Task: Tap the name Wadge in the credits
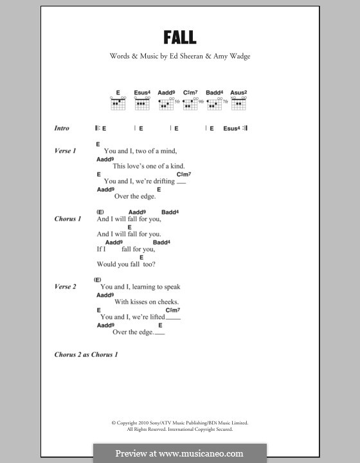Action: pyautogui.click(x=237, y=56)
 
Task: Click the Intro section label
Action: pyautogui.click(x=62, y=129)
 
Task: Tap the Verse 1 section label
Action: pyautogui.click(x=65, y=151)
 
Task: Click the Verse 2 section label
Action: pyautogui.click(x=65, y=287)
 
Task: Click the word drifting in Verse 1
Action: pyautogui.click(x=163, y=181)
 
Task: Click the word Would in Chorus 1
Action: pyautogui.click(x=105, y=264)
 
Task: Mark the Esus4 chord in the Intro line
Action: pyautogui.click(x=231, y=129)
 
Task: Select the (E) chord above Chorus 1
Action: pyautogui.click(x=101, y=212)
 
